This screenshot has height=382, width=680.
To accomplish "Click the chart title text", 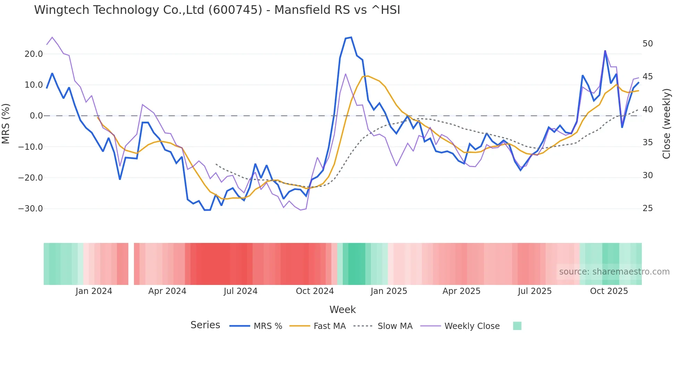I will point(217,10).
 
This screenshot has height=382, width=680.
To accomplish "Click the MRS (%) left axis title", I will point(6,123).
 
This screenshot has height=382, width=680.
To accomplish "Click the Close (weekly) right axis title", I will point(666,123).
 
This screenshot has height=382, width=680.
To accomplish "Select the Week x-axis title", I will point(342,310).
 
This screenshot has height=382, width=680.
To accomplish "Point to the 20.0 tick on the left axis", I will point(34,54).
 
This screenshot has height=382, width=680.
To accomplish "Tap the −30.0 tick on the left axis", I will point(31,209).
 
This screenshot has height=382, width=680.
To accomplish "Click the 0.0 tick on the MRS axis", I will point(36,116).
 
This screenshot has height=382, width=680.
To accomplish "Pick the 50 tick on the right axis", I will point(648,44).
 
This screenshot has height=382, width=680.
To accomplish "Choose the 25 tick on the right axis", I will point(648,208).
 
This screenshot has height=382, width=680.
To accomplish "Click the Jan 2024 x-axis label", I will point(94,291).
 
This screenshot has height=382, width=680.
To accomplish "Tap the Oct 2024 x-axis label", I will point(315,291).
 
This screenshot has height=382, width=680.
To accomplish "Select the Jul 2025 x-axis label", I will point(535,291).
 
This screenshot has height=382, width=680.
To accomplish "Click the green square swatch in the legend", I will point(517,326).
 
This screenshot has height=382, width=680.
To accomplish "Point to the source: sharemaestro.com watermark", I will point(614,272).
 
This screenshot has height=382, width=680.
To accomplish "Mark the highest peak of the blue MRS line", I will point(351,37).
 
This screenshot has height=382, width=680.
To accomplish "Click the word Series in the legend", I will point(205,325).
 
